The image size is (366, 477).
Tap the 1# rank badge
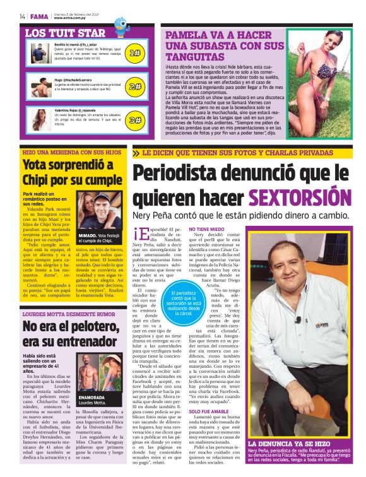(134, 53)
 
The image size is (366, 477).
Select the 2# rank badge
(134, 86)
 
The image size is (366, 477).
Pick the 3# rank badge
(134, 119)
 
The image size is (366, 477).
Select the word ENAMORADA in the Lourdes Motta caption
(93, 397)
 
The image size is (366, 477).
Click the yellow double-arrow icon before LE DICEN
(136, 153)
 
